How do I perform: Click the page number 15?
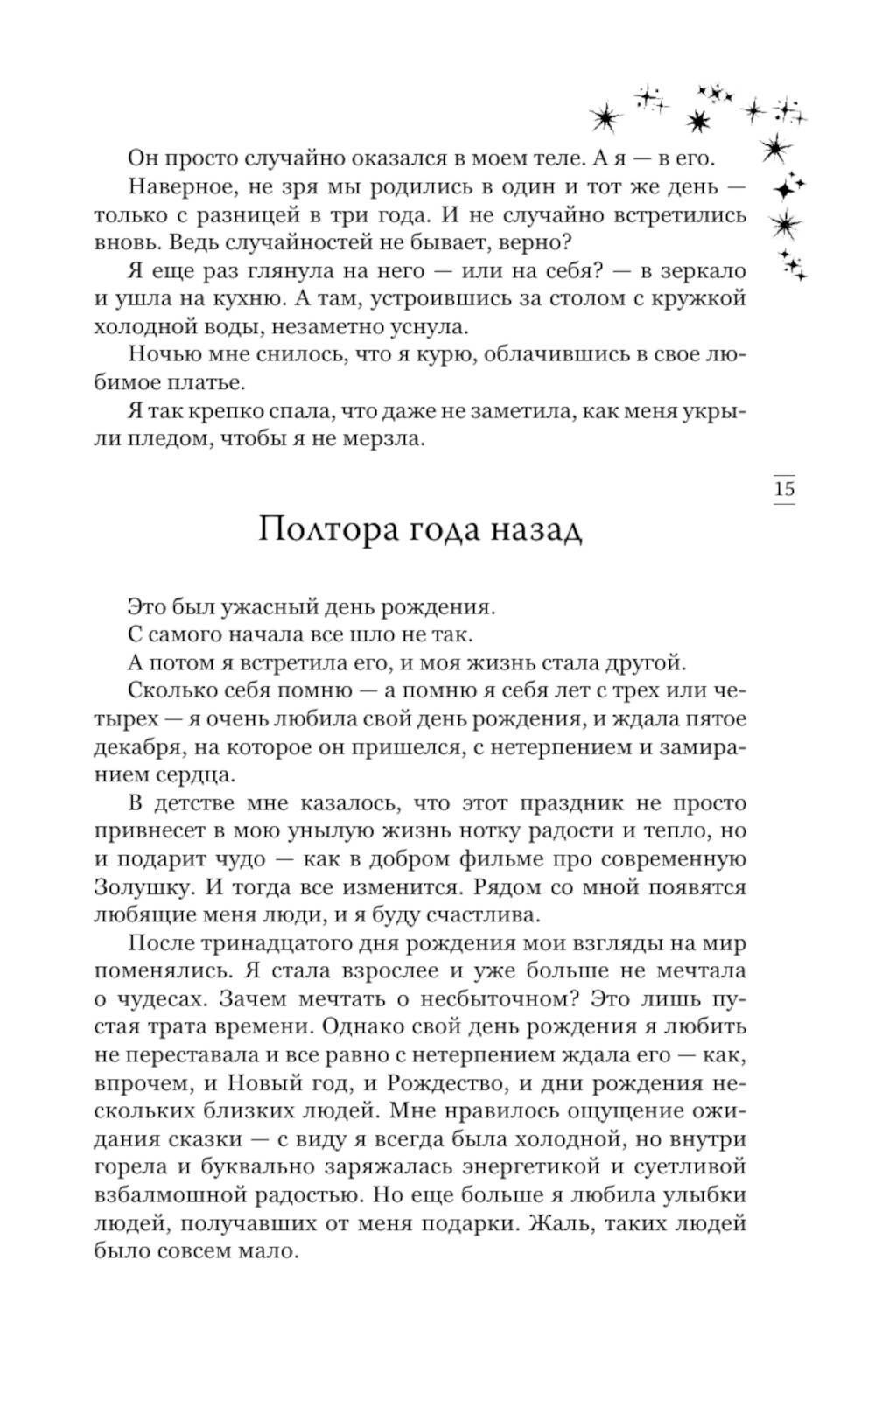(x=784, y=489)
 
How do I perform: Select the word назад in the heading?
(x=536, y=530)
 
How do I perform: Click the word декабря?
(x=137, y=746)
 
